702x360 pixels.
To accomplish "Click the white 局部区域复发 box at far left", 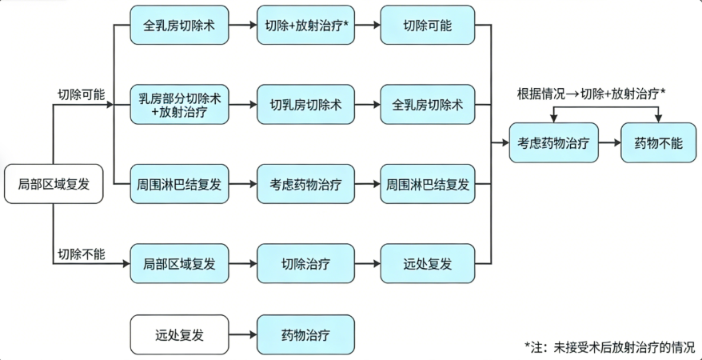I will pyautogui.click(x=54, y=184).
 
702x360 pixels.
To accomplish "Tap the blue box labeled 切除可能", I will pyautogui.click(x=427, y=26).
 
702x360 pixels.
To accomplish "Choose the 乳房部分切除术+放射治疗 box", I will pyautogui.click(x=179, y=105).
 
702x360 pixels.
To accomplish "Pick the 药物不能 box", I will pyautogui.click(x=659, y=143).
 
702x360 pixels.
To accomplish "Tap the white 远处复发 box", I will pyautogui.click(x=179, y=334).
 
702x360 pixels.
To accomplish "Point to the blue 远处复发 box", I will pyautogui.click(x=427, y=263).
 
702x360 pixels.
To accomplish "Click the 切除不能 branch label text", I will pyautogui.click(x=81, y=254).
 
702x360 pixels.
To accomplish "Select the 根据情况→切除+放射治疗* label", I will pyautogui.click(x=591, y=94).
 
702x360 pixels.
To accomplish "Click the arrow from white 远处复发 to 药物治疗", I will pyautogui.click(x=242, y=334).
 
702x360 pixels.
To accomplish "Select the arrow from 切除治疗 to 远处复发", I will pyautogui.click(x=367, y=263).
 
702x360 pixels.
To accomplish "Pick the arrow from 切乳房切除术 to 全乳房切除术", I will pyautogui.click(x=367, y=105).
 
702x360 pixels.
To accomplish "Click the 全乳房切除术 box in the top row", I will pyautogui.click(x=179, y=26).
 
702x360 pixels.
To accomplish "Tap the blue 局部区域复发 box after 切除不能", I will pyautogui.click(x=179, y=263).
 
